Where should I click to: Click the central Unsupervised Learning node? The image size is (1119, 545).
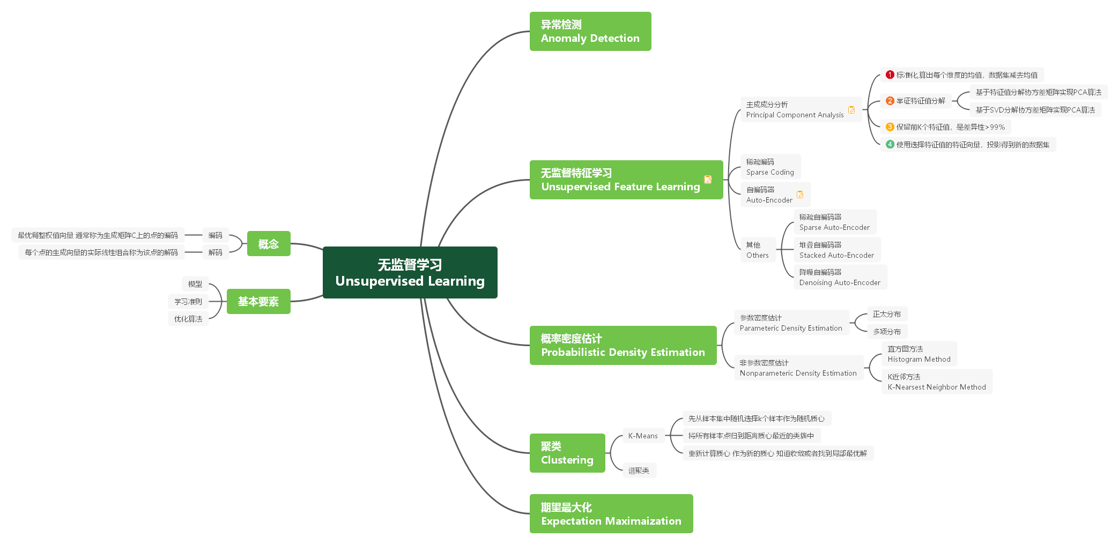pyautogui.click(x=410, y=272)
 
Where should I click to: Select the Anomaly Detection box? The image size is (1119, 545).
pyautogui.click(x=590, y=32)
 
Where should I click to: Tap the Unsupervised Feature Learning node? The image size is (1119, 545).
pyautogui.click(x=620, y=180)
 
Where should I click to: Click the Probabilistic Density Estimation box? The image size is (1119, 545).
pyautogui.click(x=623, y=345)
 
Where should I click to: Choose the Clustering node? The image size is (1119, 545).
pyautogui.click(x=567, y=453)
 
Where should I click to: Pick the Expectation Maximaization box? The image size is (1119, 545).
pyautogui.click(x=611, y=513)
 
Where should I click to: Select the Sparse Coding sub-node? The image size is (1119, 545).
pyautogui.click(x=770, y=167)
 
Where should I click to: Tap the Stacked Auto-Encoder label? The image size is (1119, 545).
pyautogui.click(x=836, y=250)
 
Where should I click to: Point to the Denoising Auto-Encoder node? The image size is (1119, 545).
pyautogui.click(x=840, y=277)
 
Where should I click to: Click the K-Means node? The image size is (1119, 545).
pyautogui.click(x=643, y=436)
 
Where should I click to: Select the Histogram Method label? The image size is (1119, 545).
pyautogui.click(x=918, y=354)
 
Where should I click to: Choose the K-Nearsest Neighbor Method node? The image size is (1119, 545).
pyautogui.click(x=936, y=382)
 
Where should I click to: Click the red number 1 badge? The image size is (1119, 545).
pyautogui.click(x=890, y=74)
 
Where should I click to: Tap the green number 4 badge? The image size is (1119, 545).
pyautogui.click(x=890, y=144)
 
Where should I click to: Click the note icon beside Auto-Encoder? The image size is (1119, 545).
pyautogui.click(x=800, y=195)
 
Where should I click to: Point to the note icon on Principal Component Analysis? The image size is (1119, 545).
pyautogui.click(x=851, y=110)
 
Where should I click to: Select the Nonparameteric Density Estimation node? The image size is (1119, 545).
pyautogui.click(x=798, y=368)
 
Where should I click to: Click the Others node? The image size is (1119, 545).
pyautogui.click(x=757, y=250)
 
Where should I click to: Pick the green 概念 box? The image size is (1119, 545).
pyautogui.click(x=269, y=244)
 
